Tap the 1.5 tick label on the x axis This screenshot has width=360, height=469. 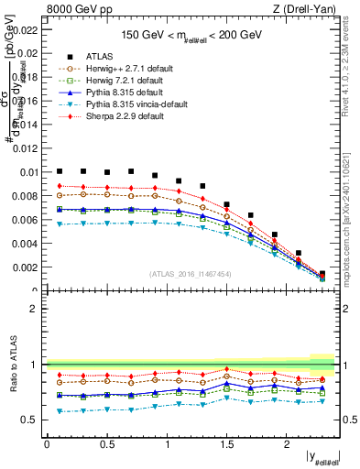tap(226, 443)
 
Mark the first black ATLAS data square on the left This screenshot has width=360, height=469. tap(60, 170)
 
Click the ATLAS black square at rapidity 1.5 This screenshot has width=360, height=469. tap(227, 204)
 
